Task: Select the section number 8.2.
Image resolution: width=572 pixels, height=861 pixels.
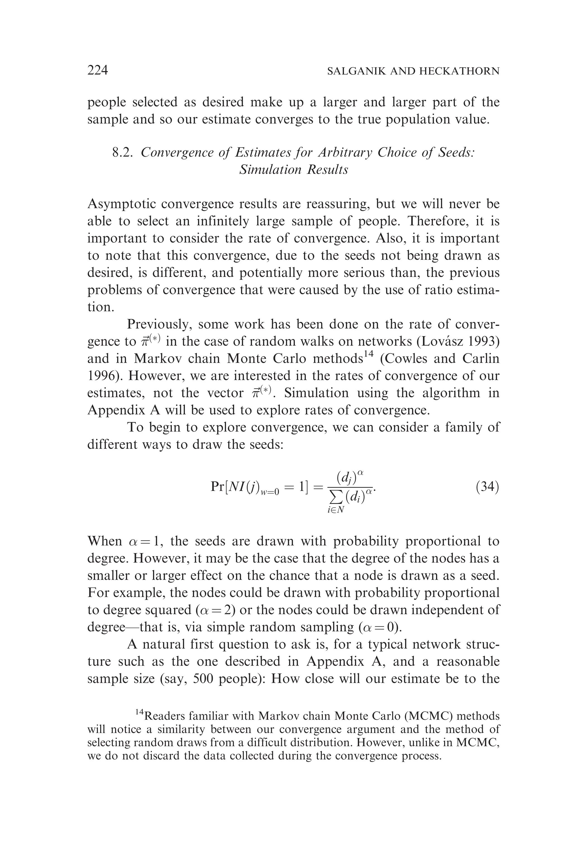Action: coord(122,152)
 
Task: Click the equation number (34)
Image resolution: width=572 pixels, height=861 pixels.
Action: coord(487,487)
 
